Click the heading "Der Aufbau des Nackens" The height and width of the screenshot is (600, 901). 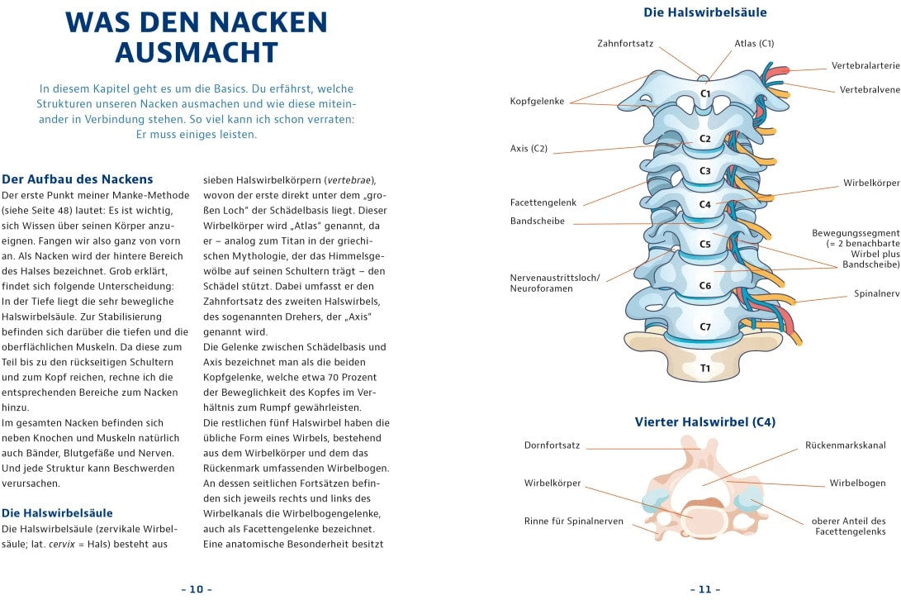tap(78, 179)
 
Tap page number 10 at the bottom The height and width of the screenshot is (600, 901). tap(197, 589)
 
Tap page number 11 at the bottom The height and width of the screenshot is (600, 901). tap(704, 589)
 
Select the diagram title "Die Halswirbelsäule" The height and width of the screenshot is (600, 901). tap(704, 12)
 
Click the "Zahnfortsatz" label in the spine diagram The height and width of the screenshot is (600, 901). tap(625, 43)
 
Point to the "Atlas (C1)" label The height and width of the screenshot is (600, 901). tap(754, 43)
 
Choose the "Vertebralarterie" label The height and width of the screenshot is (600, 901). tap(865, 65)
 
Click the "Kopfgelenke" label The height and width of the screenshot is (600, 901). tap(537, 101)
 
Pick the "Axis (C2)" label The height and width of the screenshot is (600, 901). tap(529, 149)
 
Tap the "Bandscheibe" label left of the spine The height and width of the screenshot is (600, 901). tap(538, 221)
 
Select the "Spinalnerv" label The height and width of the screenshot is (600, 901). tap(877, 293)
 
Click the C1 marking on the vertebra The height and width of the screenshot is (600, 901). tap(705, 94)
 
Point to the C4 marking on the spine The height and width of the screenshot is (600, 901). tap(705, 204)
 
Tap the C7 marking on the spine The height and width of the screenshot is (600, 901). tap(705, 326)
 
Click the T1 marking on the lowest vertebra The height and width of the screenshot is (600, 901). tap(705, 368)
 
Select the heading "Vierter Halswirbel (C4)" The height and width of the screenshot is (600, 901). tap(704, 422)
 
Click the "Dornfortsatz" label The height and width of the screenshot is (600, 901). tap(552, 445)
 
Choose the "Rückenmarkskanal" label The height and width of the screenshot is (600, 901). tap(846, 445)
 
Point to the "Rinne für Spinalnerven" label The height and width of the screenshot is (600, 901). tap(574, 521)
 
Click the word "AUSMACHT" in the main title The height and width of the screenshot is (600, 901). tap(197, 52)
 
